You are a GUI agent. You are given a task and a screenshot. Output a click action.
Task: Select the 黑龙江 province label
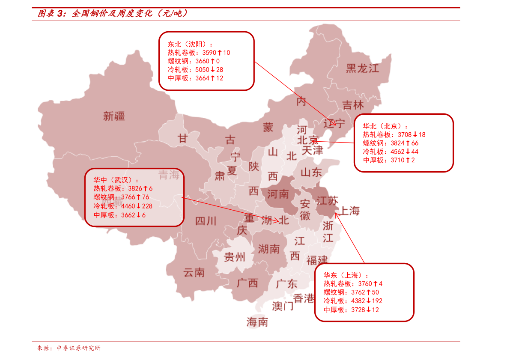coord(362,68)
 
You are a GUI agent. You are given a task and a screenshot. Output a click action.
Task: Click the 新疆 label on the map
coord(114,116)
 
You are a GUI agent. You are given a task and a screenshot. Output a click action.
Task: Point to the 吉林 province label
coord(353,105)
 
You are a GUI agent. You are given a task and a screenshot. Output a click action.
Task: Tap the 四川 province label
coord(206,221)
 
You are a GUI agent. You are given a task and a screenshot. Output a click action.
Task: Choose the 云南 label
coord(194,272)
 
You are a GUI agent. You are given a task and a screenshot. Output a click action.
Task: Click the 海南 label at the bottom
coord(257,322)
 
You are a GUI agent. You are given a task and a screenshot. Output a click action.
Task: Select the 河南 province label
coord(278,194)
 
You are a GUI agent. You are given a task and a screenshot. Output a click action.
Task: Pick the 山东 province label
coord(311,173)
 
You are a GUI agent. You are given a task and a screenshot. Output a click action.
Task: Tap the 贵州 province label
coord(235,257)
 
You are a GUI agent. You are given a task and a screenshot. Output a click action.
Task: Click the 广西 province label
coord(247,283)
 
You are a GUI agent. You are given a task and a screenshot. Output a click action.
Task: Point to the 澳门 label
coord(283,306)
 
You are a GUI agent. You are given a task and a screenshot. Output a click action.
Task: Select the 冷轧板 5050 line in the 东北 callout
coord(195,69)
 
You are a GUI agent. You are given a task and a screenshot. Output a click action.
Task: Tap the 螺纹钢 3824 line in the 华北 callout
coord(391,143)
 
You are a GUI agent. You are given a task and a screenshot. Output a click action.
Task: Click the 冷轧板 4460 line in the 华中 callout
coord(122,206)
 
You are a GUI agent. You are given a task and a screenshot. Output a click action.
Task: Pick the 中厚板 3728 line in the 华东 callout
coord(351,309)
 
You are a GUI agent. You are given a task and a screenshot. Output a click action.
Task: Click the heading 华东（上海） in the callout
coord(346,275)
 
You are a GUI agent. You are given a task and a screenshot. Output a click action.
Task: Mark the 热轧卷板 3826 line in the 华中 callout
coord(123,188)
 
